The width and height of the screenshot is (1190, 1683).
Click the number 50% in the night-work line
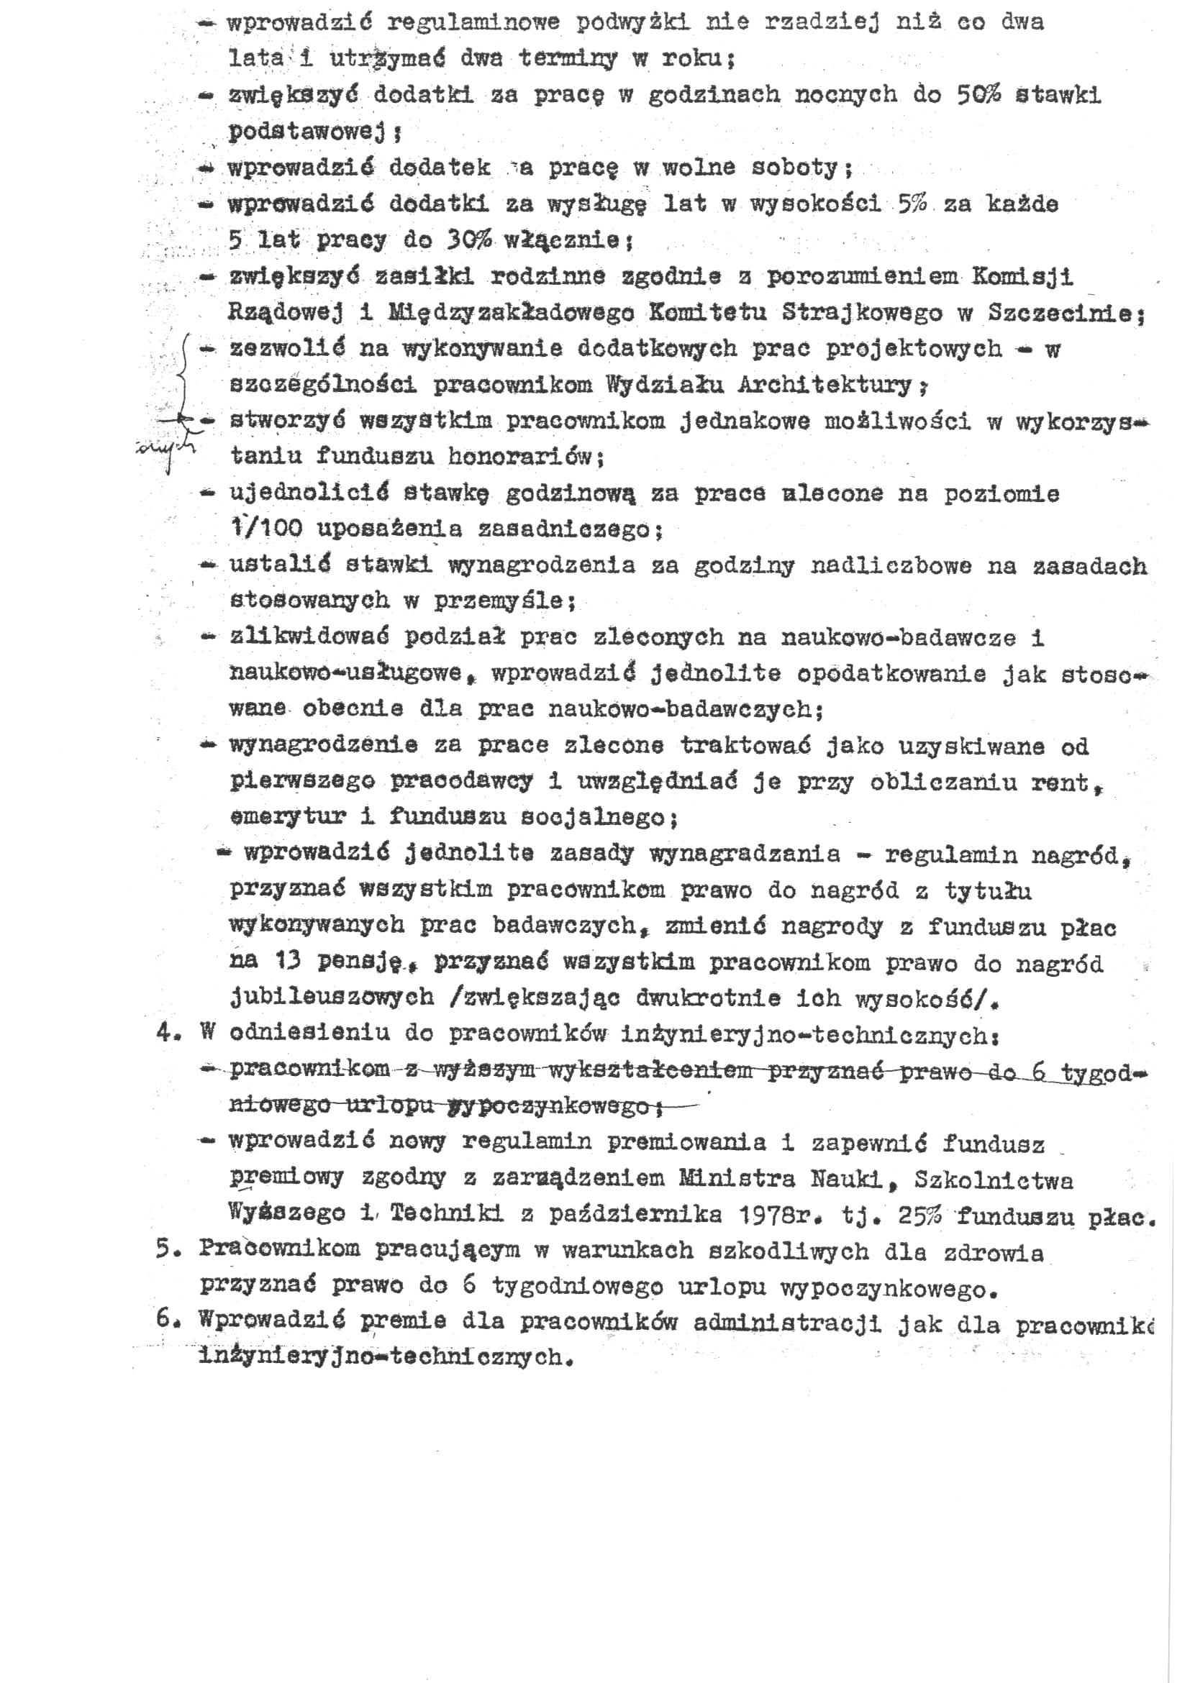coord(978,94)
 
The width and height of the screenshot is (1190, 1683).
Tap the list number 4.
coord(165,1034)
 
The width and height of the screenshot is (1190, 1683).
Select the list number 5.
coord(165,1250)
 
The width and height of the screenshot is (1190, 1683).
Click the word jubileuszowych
coord(332,998)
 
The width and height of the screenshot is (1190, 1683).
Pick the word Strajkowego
coord(862,313)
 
